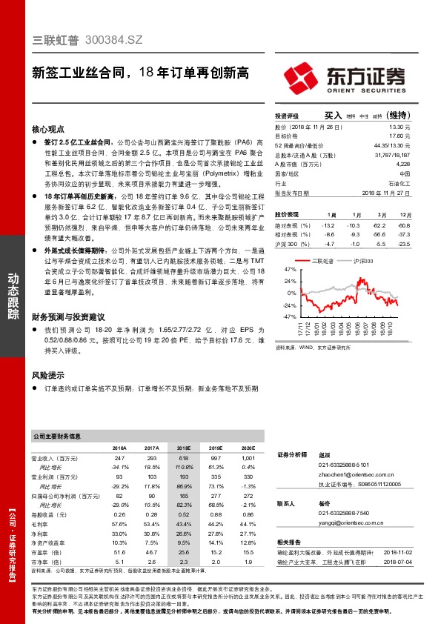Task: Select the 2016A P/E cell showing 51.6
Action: coord(119,552)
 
